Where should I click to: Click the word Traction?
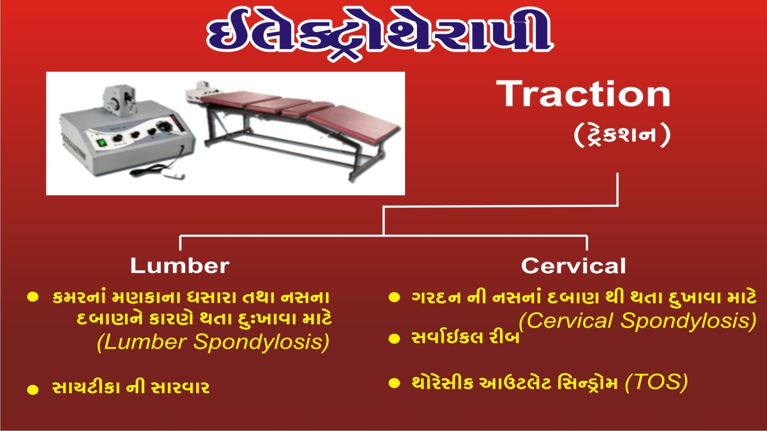pyautogui.click(x=583, y=94)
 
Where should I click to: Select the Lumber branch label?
pyautogui.click(x=180, y=266)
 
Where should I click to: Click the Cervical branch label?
pyautogui.click(x=573, y=266)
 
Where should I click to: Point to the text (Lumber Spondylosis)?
pyautogui.click(x=213, y=342)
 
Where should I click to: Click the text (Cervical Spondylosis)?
pyautogui.click(x=638, y=321)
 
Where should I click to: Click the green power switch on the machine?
pyautogui.click(x=101, y=143)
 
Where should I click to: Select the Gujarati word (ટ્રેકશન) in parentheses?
pyautogui.click(x=622, y=135)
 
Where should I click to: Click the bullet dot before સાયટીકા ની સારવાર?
pyautogui.click(x=33, y=389)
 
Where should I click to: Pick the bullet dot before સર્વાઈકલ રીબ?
pyautogui.click(x=394, y=339)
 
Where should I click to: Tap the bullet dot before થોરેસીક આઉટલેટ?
pyautogui.click(x=394, y=383)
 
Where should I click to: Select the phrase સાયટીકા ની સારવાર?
pyautogui.click(x=131, y=388)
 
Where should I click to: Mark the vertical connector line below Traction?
pyautogui.click(x=618, y=189)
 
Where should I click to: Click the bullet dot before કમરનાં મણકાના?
pyautogui.click(x=33, y=297)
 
